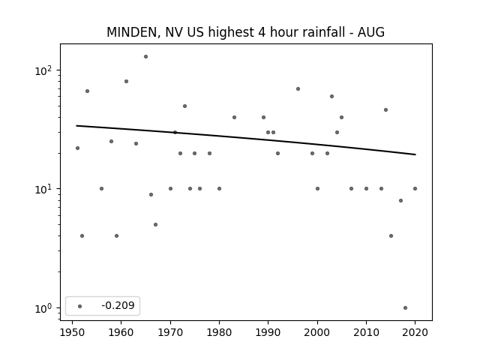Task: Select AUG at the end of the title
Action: point(371,32)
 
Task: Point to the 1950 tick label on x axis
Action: point(72,332)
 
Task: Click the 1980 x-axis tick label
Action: point(219,332)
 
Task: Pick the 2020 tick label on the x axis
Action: point(415,332)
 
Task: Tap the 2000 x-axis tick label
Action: point(317,332)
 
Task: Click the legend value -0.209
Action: point(118,305)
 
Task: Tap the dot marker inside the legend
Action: point(80,306)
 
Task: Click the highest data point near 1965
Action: point(145,57)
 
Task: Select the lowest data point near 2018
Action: point(405,308)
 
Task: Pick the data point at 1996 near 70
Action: point(298,89)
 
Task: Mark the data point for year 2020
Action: point(415,188)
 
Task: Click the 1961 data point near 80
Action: point(126,82)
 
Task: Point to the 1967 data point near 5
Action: point(155,225)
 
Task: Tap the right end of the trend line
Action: point(415,154)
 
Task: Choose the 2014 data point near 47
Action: point(385,110)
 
